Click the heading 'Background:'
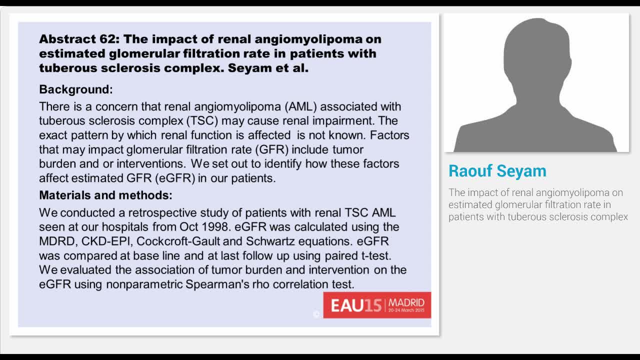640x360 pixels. (75, 89)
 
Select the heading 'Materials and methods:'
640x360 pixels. (105, 195)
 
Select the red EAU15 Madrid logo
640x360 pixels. (377, 305)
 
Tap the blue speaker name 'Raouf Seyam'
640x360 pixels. (497, 171)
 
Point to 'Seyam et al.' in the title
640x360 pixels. (268, 67)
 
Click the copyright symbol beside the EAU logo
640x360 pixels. (316, 314)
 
